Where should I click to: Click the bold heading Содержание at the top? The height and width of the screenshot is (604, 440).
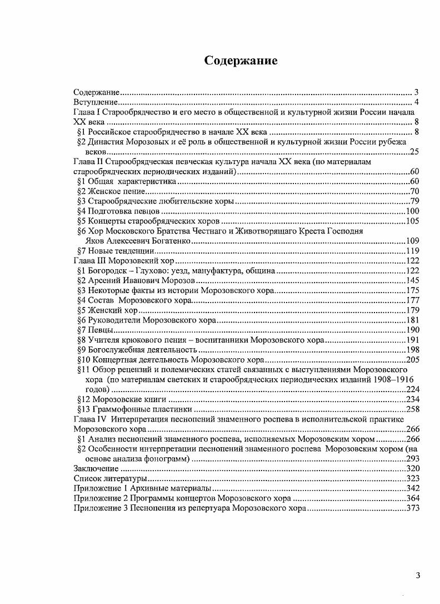point(241,61)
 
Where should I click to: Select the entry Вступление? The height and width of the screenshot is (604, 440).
point(96,102)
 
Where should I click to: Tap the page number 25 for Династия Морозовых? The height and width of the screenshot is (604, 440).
point(414,152)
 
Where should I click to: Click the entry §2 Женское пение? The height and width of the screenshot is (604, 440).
point(106,191)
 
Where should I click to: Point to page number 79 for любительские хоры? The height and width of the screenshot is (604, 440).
point(414,201)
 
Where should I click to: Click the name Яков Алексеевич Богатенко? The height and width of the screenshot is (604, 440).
point(138,241)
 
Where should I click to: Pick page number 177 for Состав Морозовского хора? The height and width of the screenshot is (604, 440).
point(412,301)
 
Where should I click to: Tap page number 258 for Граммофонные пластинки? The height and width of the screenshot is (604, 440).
point(412,409)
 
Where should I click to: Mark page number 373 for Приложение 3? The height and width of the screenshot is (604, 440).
point(412,508)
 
